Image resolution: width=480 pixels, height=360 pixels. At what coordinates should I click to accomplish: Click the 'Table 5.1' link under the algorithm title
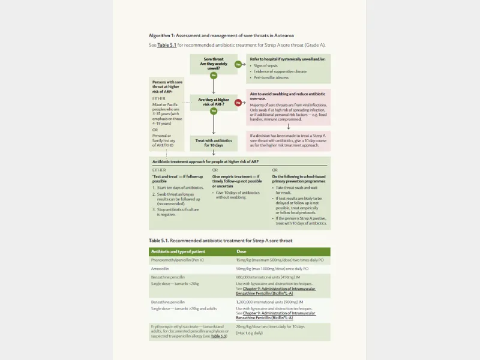point(166,45)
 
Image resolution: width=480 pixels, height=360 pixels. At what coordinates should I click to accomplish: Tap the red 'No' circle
point(238,103)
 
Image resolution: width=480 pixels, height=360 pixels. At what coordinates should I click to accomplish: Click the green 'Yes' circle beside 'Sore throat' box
point(238,64)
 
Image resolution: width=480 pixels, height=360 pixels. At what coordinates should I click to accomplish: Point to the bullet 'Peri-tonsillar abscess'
point(271,77)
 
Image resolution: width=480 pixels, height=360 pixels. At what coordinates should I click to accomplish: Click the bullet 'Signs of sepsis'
point(266,65)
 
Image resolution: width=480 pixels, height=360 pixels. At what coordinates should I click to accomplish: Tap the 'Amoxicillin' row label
point(163,269)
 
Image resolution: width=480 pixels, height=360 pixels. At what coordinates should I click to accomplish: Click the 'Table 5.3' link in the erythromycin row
point(218,337)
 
